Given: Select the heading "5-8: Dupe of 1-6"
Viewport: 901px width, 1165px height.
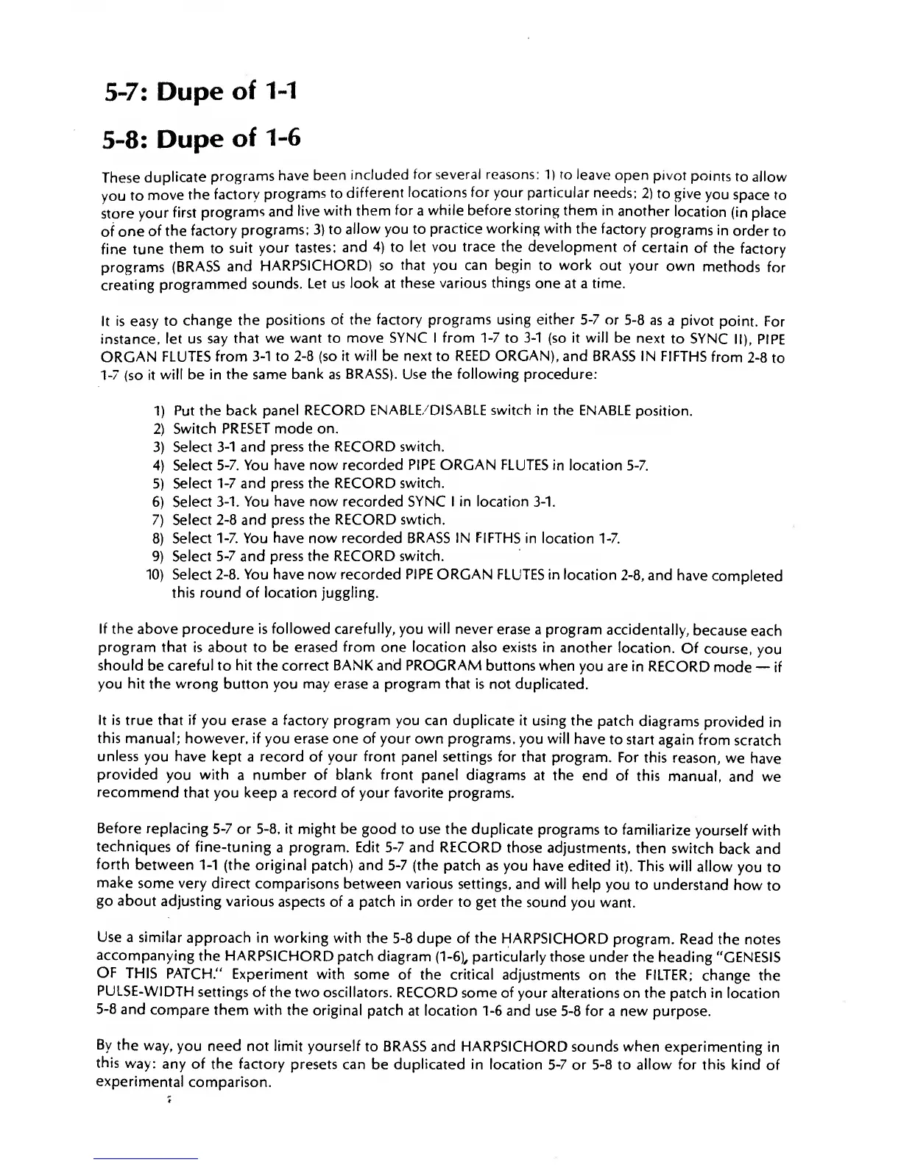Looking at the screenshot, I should pyautogui.click(x=201, y=137).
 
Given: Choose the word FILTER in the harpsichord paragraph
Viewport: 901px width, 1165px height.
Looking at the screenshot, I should pyautogui.click(x=669, y=975).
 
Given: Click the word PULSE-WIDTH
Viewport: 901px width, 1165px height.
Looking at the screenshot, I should pyautogui.click(x=138, y=994).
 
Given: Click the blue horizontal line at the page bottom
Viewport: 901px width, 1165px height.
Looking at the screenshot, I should pyautogui.click(x=146, y=1158).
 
